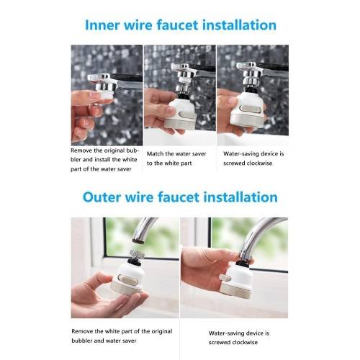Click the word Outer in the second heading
coord(102,197)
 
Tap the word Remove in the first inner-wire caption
coord(81,150)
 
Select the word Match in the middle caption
coord(155,153)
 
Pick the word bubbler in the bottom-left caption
coord(82,341)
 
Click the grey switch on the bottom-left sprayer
coord(127,281)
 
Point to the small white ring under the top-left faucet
coord(106,94)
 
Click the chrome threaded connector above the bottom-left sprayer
coord(137,254)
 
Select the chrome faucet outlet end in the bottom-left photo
coord(138,240)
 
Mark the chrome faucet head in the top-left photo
coord(103,82)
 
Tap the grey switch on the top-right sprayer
coord(251,109)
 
